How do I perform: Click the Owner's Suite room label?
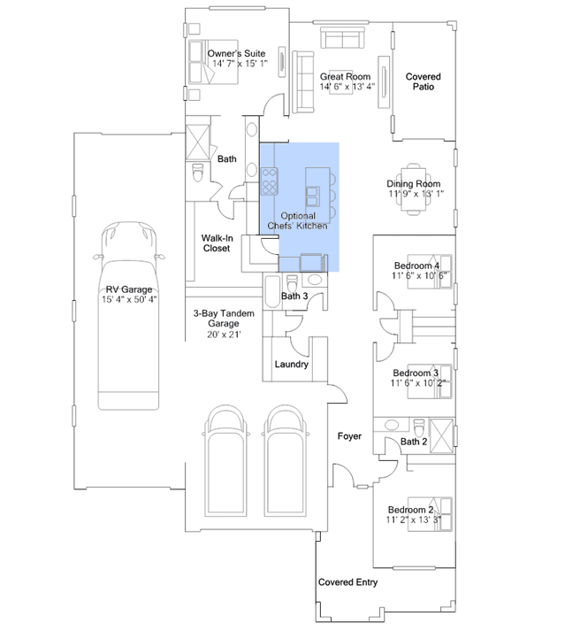click(x=236, y=53)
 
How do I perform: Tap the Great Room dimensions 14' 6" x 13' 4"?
click(x=347, y=87)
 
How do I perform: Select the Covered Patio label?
click(x=423, y=81)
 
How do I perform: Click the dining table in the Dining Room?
click(x=414, y=189)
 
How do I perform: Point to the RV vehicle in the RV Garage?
click(x=128, y=315)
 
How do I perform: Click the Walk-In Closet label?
click(x=217, y=243)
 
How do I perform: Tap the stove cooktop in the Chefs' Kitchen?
click(x=269, y=181)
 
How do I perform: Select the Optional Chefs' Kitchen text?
click(x=298, y=221)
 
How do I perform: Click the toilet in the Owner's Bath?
click(x=197, y=173)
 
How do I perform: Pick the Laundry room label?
click(x=291, y=365)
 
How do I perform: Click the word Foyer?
click(x=349, y=436)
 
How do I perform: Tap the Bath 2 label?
click(x=414, y=442)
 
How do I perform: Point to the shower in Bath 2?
click(x=441, y=435)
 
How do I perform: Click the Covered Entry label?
click(x=347, y=582)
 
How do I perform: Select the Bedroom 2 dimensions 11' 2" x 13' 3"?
click(x=414, y=520)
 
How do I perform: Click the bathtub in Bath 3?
click(x=272, y=290)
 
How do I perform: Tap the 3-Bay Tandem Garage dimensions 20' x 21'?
click(x=224, y=335)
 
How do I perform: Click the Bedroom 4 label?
click(x=416, y=266)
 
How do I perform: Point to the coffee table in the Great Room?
click(x=341, y=82)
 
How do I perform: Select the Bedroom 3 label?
click(x=416, y=373)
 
